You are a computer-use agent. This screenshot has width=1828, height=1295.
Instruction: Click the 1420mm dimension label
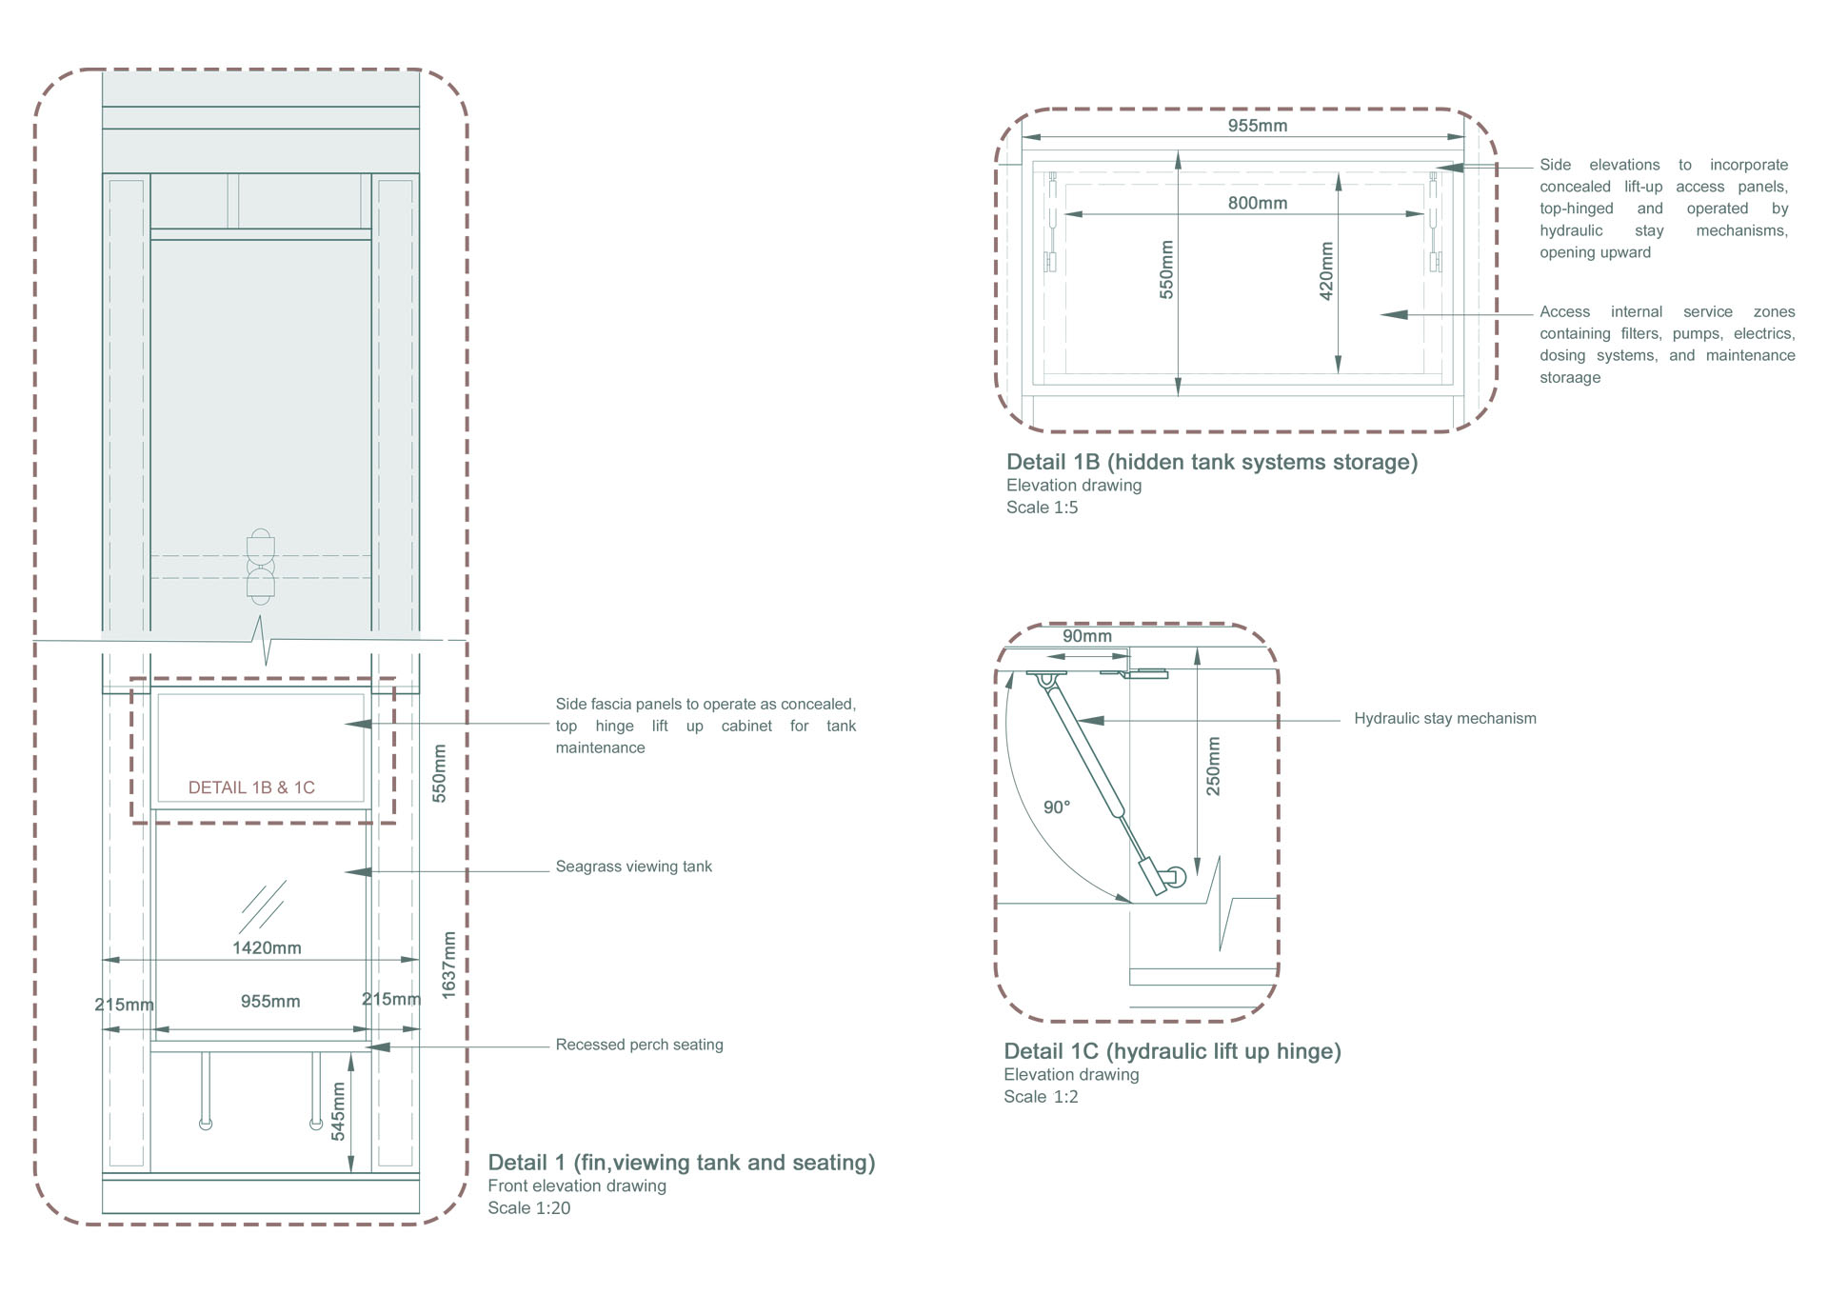click(x=267, y=948)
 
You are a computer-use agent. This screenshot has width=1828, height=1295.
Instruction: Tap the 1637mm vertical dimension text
click(x=449, y=965)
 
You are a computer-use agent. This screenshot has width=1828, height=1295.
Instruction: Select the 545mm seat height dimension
click(x=338, y=1111)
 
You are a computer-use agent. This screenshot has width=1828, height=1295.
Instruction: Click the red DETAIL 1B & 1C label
click(x=251, y=787)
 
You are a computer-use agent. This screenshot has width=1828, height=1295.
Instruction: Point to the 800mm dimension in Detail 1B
click(x=1258, y=203)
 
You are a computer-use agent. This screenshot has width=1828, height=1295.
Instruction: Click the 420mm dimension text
click(x=1326, y=271)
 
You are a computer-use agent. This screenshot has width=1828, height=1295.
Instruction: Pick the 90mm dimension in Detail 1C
click(x=1087, y=636)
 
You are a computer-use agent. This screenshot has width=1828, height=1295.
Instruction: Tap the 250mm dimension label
click(x=1213, y=767)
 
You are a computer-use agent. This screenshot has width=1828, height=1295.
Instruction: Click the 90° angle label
click(x=1057, y=807)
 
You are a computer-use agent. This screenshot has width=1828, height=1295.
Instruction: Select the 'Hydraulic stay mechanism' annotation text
click(x=1445, y=719)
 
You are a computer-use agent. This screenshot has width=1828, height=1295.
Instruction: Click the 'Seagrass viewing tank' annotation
click(x=634, y=867)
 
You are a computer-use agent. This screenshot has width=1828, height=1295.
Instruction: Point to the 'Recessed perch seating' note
click(x=640, y=1045)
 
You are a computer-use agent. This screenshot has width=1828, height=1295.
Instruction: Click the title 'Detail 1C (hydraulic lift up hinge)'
click(x=1172, y=1051)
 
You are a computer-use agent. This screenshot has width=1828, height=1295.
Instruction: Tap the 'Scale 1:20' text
click(x=529, y=1208)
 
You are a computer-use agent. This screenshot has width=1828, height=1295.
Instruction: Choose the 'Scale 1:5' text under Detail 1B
click(x=1043, y=508)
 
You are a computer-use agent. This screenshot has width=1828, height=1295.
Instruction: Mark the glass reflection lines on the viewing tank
click(x=263, y=906)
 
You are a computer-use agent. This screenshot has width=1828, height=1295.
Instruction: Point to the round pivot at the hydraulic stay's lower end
click(x=1175, y=877)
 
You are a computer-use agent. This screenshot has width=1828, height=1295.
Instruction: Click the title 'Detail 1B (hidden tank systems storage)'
click(x=1212, y=462)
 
